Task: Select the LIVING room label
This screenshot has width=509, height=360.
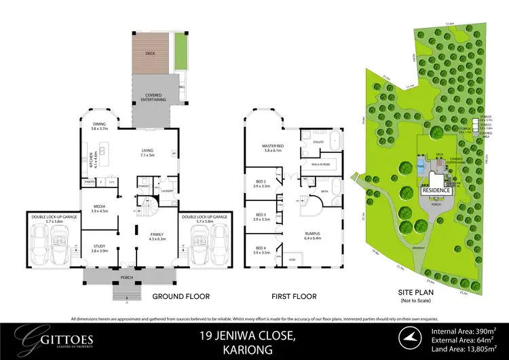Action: pos(148,152)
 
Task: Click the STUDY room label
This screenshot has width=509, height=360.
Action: pos(100,248)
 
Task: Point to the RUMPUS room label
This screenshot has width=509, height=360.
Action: pos(312,234)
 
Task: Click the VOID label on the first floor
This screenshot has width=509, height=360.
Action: pos(293,260)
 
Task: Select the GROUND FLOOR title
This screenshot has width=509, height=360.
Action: pos(181,296)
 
